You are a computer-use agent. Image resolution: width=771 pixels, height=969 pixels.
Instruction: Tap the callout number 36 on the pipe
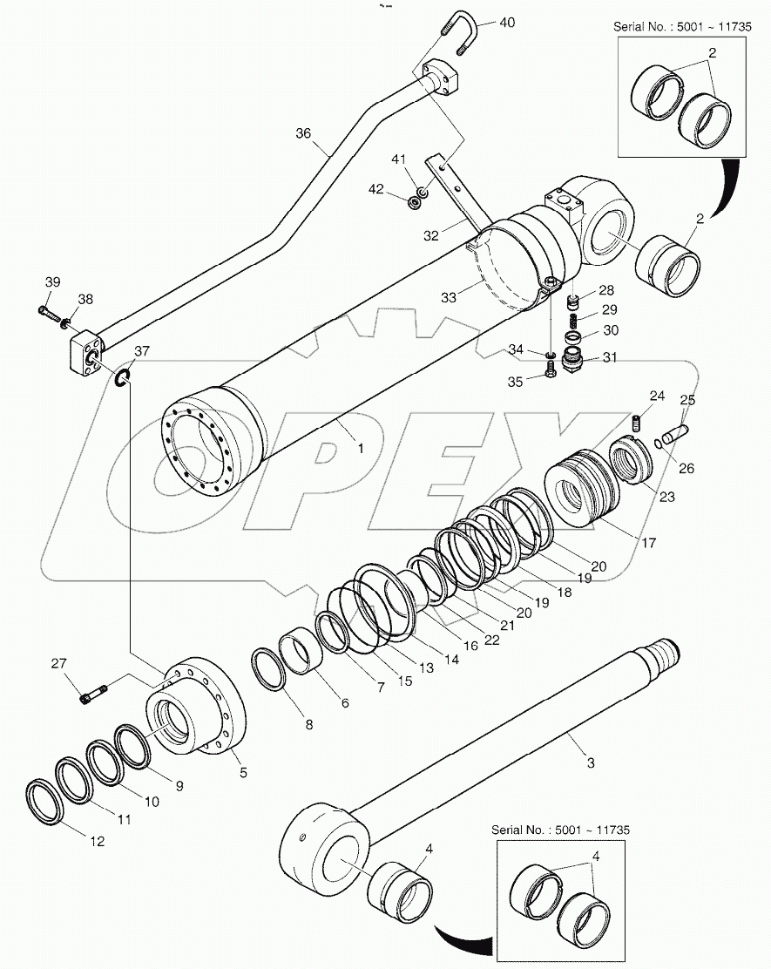click(302, 133)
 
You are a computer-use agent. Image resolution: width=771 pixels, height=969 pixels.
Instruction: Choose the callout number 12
click(97, 842)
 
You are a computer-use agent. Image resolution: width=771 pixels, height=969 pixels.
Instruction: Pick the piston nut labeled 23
click(633, 459)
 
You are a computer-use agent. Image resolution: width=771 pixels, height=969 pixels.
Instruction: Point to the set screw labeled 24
click(636, 424)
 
